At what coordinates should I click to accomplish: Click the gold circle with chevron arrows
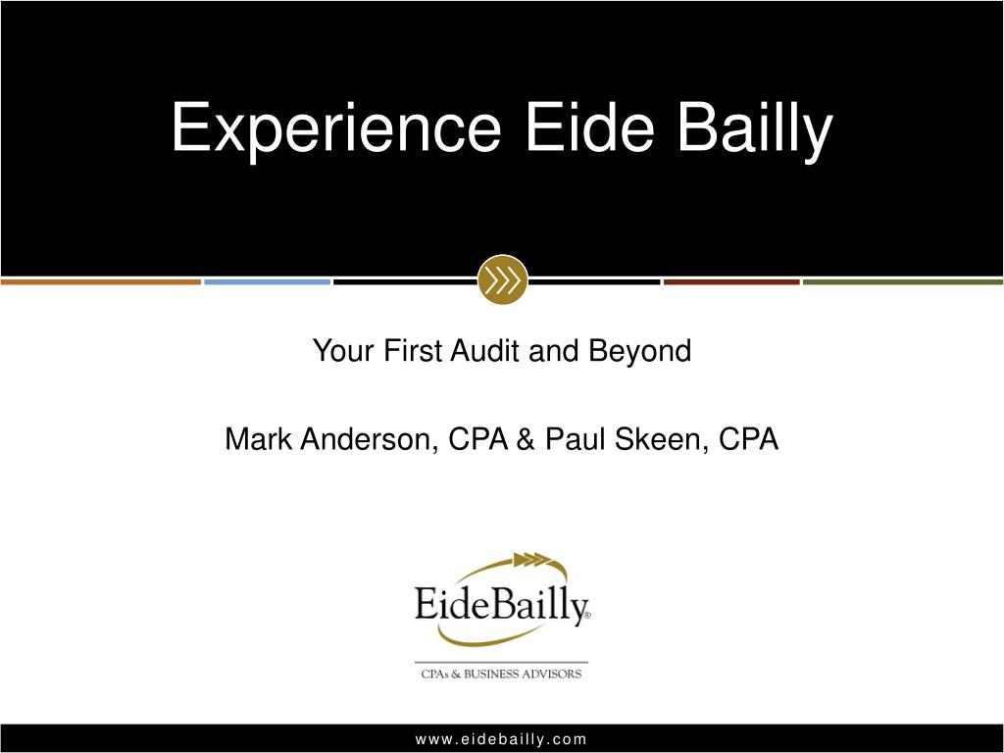pyautogui.click(x=502, y=280)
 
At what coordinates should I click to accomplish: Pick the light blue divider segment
pyautogui.click(x=267, y=282)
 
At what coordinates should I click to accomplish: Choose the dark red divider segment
pyautogui.click(x=730, y=282)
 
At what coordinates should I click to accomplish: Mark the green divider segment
pyautogui.click(x=903, y=282)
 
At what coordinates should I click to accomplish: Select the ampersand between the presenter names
pyautogui.click(x=526, y=439)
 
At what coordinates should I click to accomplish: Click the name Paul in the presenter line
pyautogui.click(x=576, y=439)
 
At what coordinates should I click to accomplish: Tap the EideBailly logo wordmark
pyautogui.click(x=501, y=604)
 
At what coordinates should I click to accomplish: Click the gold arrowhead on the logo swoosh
pyautogui.click(x=528, y=560)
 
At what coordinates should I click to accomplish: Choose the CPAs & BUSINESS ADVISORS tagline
pyautogui.click(x=501, y=674)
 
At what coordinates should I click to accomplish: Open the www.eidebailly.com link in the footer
pyautogui.click(x=501, y=739)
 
